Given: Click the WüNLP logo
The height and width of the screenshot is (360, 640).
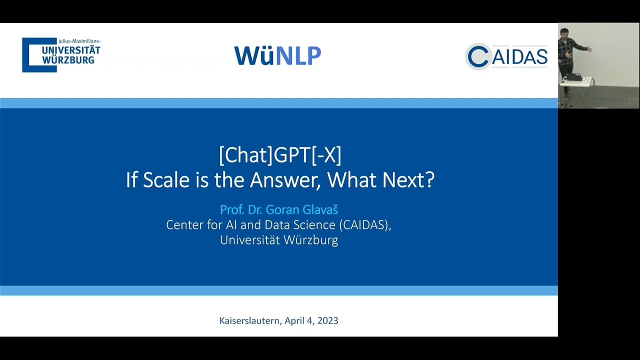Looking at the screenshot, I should point(277,55).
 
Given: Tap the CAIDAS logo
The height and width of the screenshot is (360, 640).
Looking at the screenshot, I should point(506,56).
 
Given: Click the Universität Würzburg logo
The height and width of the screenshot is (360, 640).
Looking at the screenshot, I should point(61,55).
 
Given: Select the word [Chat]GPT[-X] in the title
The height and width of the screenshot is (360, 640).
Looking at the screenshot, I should point(280,155).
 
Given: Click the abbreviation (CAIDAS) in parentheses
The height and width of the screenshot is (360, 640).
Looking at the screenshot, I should point(365,225).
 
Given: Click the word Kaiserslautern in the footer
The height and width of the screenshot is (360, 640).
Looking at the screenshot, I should point(250,320).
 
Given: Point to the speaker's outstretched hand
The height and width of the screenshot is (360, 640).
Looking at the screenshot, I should point(589,49).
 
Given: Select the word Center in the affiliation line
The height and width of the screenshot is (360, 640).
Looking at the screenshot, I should point(182,225).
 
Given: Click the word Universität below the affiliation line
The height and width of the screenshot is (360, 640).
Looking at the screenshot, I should point(250,240).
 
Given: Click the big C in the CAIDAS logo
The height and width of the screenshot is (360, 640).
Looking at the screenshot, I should point(478,56).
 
